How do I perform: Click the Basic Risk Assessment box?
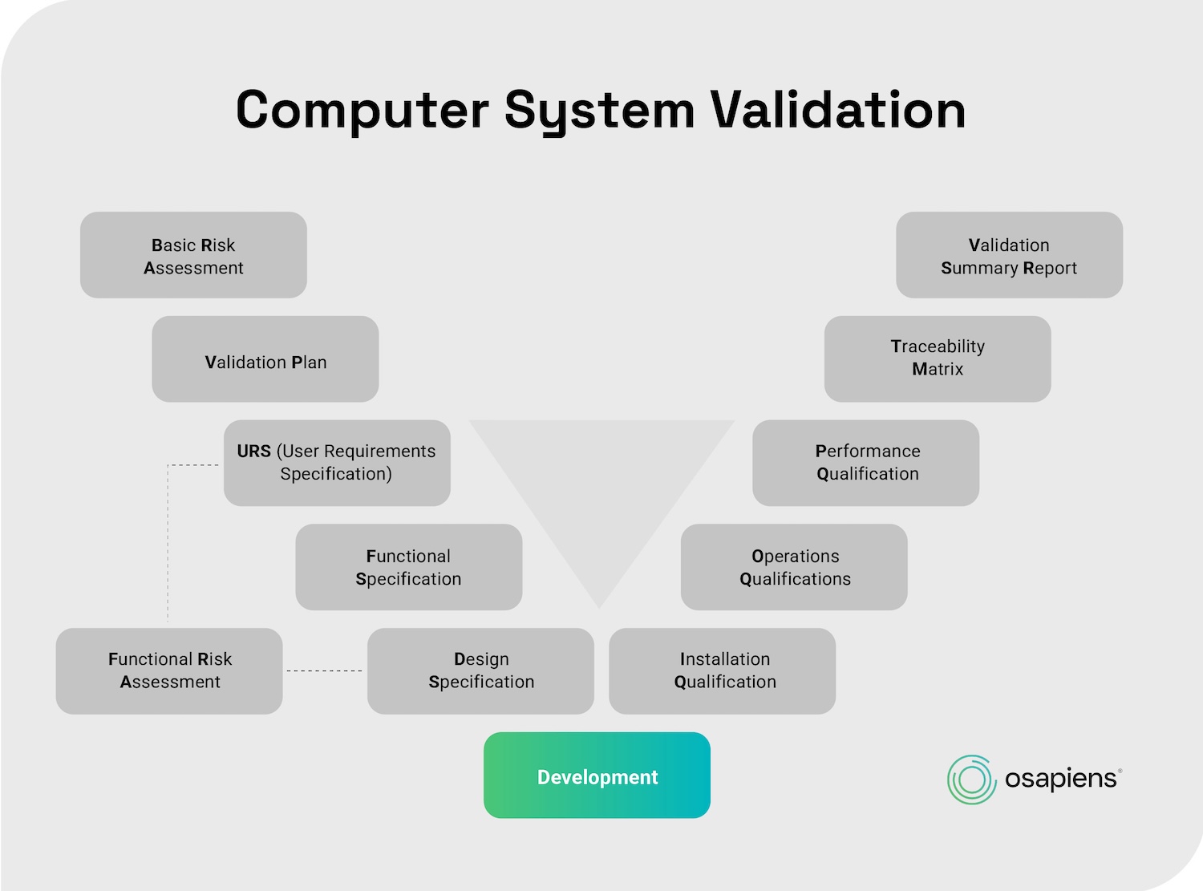193,255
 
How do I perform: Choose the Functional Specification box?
408,567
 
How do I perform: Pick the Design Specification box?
480,670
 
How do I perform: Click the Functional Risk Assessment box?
169,670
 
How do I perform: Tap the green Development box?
597,776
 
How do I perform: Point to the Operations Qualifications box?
794,567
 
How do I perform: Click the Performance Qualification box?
865,463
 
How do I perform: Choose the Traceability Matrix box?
938,358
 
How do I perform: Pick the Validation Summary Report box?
1009,255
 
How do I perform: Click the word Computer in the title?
362,110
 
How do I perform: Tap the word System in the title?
599,110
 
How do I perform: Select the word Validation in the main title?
838,110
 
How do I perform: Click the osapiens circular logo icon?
972,779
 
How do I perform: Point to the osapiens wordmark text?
1061,779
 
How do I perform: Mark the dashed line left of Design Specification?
324,670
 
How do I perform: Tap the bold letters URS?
253,452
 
